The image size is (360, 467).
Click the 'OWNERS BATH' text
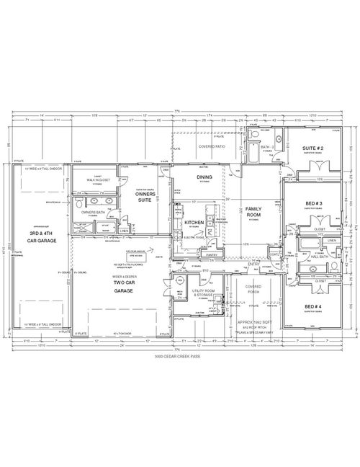[x=94, y=213]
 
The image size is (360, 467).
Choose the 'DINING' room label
[x=205, y=177]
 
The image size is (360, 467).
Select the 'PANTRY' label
[x=211, y=254]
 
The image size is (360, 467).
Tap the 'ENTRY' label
[x=251, y=264]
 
